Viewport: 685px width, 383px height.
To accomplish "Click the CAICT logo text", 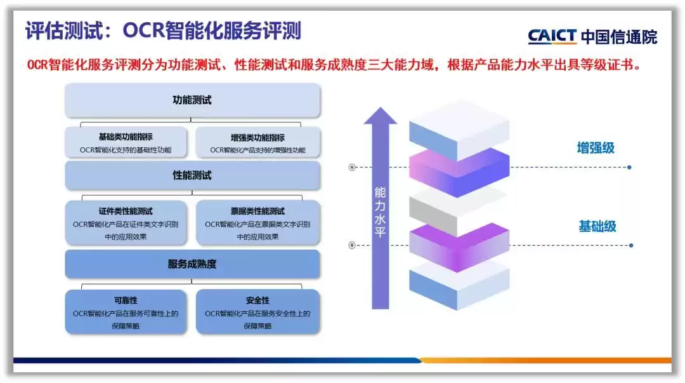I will pyautogui.click(x=552, y=36).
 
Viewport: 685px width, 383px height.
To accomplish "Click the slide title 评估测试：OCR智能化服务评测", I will pyautogui.click(x=163, y=30).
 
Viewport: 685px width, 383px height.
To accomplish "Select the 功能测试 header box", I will pyautogui.click(x=192, y=100).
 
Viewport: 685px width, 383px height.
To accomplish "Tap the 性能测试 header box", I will pyautogui.click(x=192, y=175).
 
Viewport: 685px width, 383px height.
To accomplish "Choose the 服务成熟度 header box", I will pyautogui.click(x=192, y=264).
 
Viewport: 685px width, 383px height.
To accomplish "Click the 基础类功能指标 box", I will pyautogui.click(x=126, y=142).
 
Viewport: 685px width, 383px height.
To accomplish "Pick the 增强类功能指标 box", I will pyautogui.click(x=258, y=142).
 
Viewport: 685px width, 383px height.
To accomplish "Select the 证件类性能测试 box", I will pyautogui.click(x=126, y=223).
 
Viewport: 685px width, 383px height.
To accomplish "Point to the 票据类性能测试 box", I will pyautogui.click(x=258, y=223).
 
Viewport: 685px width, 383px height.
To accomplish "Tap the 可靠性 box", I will pyautogui.click(x=126, y=312).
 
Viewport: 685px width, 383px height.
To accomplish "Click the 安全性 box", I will pyautogui.click(x=258, y=312).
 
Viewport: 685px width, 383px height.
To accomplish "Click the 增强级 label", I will pyautogui.click(x=596, y=148).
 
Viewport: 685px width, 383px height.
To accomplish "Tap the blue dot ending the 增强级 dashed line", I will pyautogui.click(x=629, y=168).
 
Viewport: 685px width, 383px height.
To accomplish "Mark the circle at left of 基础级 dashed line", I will pyautogui.click(x=352, y=245).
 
